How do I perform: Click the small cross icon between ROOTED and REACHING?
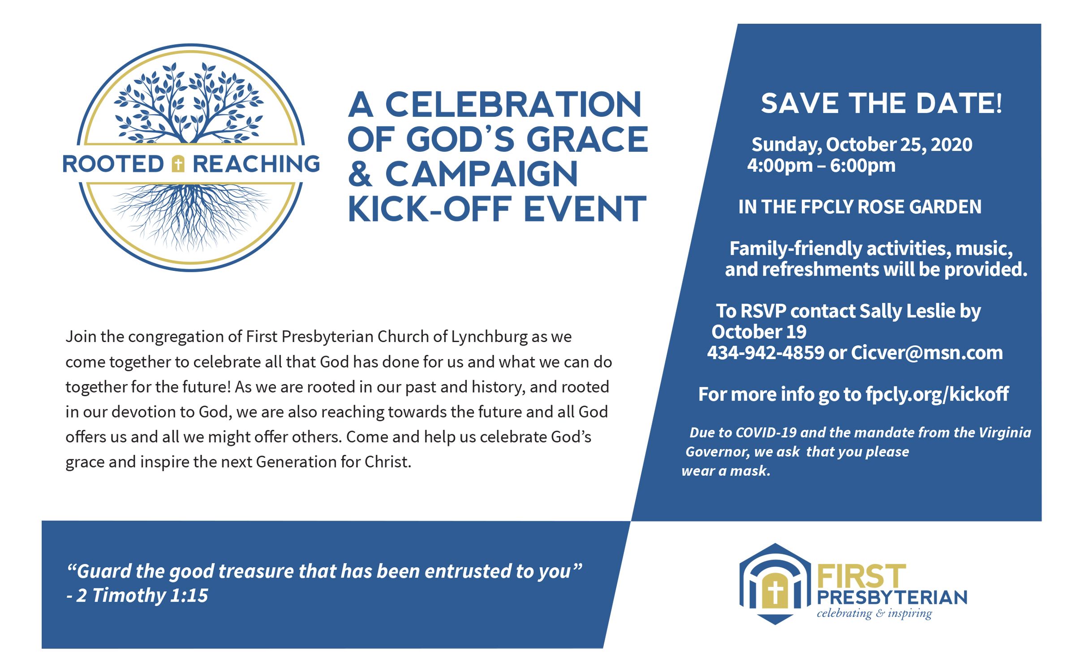click(178, 164)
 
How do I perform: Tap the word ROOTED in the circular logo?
click(113, 164)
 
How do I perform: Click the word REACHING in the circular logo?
click(256, 164)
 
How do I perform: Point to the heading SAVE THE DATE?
click(882, 103)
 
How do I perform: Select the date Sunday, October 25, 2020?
click(862, 145)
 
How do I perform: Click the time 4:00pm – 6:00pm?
click(821, 166)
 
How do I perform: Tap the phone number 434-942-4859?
click(766, 353)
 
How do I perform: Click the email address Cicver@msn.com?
click(927, 353)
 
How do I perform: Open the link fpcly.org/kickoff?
click(937, 394)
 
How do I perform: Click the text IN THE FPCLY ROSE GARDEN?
click(860, 207)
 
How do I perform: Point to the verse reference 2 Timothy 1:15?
click(142, 595)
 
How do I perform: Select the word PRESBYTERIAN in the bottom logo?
click(892, 598)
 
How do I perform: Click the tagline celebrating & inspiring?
click(874, 613)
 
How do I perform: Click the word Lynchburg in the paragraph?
click(489, 337)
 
